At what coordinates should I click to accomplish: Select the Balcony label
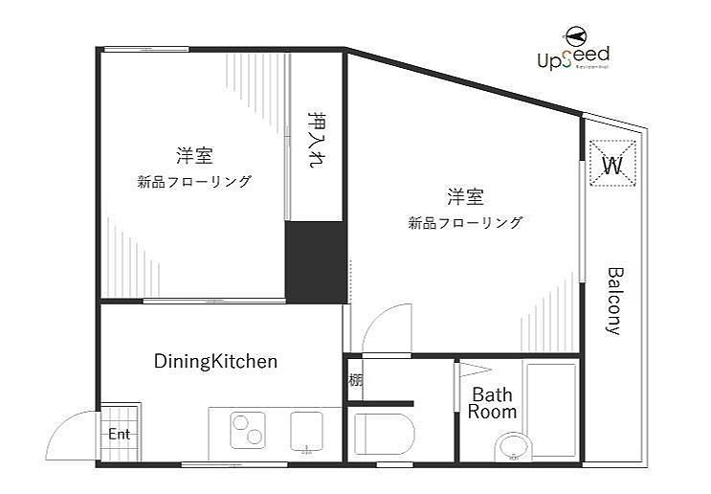point(614,300)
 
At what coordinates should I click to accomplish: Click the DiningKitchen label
point(215,361)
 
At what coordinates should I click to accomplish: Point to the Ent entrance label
point(118,434)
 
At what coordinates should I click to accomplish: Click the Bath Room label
point(492,404)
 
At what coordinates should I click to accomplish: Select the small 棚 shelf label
point(355,379)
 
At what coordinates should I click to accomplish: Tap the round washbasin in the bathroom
point(513,447)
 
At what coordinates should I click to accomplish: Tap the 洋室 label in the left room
point(193,155)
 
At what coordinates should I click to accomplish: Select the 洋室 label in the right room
point(465,197)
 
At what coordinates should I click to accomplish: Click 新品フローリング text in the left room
point(194,181)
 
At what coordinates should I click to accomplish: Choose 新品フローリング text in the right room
point(465,223)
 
